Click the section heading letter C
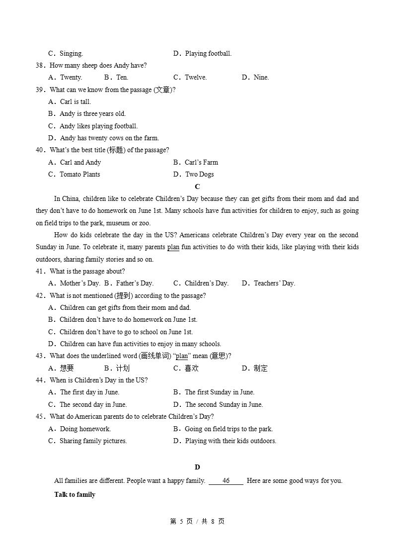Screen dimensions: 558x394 197,186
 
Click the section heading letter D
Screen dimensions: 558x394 197,467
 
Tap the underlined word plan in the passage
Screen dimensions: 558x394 173,247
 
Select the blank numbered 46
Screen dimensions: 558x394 226,481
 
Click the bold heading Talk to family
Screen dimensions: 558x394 75,495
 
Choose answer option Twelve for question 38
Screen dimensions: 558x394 195,78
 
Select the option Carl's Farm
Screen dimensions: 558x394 201,163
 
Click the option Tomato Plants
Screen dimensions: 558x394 79,175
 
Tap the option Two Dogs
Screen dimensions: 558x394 199,175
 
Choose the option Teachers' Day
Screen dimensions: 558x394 274,283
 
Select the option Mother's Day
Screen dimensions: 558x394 79,283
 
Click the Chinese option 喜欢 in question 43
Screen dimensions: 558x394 191,369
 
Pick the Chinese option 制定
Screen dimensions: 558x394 260,369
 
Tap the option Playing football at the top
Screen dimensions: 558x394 208,54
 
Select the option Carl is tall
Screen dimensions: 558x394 75,102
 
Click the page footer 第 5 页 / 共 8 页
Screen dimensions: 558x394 197,521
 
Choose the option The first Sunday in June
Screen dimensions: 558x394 219,392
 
